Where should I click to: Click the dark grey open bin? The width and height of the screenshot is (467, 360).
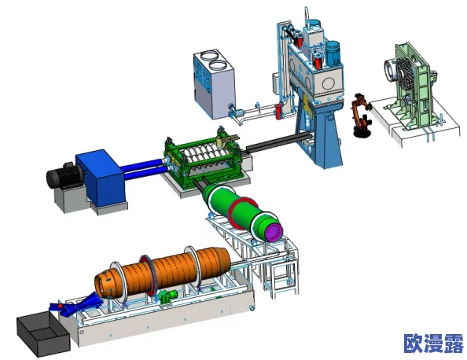tap(43, 333)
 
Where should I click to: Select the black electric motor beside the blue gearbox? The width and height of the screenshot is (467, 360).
tap(64, 175)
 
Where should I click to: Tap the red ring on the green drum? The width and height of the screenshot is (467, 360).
tap(241, 213)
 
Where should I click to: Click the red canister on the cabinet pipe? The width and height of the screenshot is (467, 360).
tap(278, 111)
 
